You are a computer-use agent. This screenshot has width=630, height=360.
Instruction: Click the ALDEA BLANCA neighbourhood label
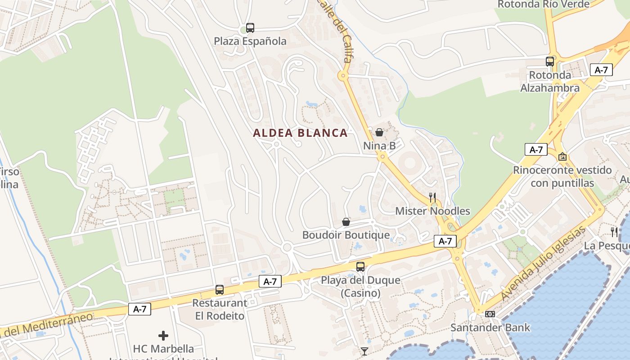[300, 133]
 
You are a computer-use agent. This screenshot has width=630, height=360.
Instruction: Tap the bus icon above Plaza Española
[250, 28]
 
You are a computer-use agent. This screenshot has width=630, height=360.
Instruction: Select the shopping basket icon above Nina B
[379, 132]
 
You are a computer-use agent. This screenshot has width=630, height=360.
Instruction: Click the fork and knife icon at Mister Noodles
[432, 197]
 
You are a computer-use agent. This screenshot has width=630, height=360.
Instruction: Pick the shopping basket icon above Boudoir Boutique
[346, 221]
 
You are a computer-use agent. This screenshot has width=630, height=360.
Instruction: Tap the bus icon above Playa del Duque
[360, 266]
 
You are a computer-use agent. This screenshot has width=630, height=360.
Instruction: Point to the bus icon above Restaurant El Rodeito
[220, 289]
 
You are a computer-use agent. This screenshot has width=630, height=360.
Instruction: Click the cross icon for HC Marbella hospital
[163, 336]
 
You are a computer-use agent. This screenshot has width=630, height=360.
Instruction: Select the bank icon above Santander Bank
[490, 314]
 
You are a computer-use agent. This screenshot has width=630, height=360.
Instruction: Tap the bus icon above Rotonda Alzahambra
[549, 62]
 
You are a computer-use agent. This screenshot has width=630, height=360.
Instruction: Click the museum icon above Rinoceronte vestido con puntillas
[562, 157]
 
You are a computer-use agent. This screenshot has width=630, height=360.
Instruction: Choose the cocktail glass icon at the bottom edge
[364, 351]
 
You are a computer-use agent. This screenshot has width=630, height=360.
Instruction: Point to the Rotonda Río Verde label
[543, 4]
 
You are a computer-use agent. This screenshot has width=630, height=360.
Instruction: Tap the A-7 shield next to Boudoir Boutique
[445, 241]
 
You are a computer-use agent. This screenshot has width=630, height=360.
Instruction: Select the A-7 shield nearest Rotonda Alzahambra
[601, 70]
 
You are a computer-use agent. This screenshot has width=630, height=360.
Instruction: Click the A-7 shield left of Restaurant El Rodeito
[139, 309]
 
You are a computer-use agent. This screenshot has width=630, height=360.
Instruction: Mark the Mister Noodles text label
[432, 211]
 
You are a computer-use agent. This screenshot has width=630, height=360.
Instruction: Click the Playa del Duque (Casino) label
[360, 287]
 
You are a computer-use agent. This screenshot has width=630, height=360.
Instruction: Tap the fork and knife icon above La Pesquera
[614, 232]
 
